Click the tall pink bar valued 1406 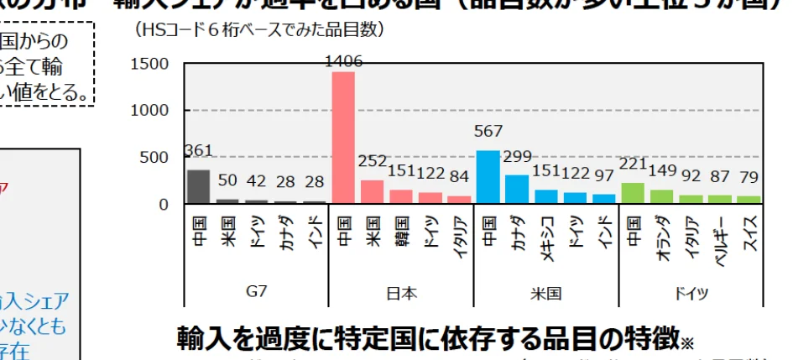pos(343,138)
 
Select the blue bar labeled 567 pos(488,177)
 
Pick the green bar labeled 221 pos(634,193)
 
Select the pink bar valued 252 pos(372,192)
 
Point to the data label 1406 pos(343,60)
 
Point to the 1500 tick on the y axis pos(151,64)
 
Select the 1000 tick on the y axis pos(151,111)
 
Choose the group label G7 pos(256,293)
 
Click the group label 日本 pos(401,294)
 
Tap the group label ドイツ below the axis pos(691,294)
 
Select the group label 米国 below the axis pos(546,294)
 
